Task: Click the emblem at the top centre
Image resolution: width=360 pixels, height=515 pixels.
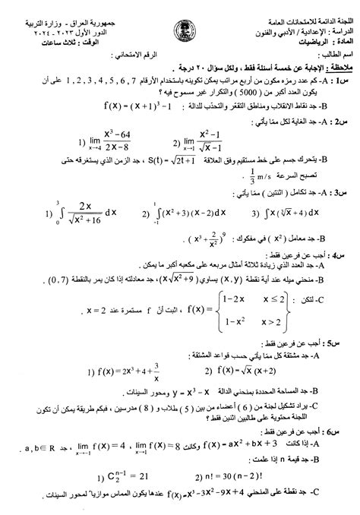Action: click(x=179, y=17)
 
